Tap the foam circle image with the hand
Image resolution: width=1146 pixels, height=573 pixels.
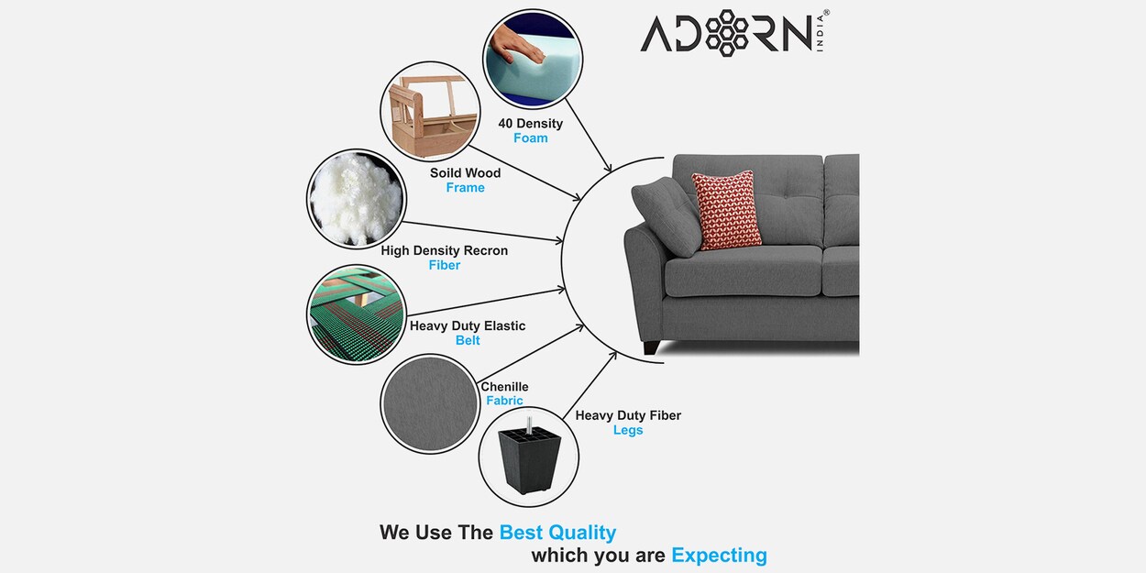(531, 57)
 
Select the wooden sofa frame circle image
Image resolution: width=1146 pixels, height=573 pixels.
(429, 110)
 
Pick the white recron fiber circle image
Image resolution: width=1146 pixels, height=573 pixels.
(356, 199)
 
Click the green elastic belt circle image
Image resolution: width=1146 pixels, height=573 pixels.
(356, 314)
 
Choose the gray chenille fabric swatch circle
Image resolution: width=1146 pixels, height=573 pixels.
(429, 403)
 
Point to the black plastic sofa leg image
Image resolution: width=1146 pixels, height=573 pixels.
(529, 456)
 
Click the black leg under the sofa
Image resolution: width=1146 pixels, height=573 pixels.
(652, 347)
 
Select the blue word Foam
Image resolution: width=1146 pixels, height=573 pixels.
(530, 138)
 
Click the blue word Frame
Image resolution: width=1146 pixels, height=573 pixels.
(465, 188)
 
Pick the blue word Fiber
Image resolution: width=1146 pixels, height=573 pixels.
(445, 266)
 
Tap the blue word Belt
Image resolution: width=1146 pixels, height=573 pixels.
(468, 341)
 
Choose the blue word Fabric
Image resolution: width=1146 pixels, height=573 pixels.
(504, 401)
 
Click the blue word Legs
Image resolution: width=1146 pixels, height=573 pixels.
(628, 431)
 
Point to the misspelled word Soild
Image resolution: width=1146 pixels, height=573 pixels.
(446, 173)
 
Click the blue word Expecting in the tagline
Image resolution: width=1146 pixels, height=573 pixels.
(719, 556)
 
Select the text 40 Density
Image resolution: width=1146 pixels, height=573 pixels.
(530, 124)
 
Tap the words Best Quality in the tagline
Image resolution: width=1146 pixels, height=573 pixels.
(557, 533)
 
